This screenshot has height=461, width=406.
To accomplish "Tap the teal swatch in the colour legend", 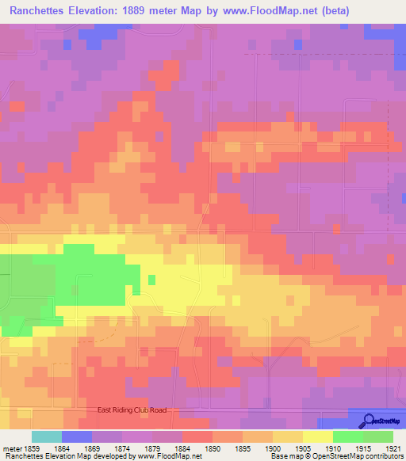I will click(47, 436).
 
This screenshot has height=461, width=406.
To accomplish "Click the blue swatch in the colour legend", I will click(77, 436).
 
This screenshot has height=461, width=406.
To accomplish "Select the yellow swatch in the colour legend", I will click(317, 436).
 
